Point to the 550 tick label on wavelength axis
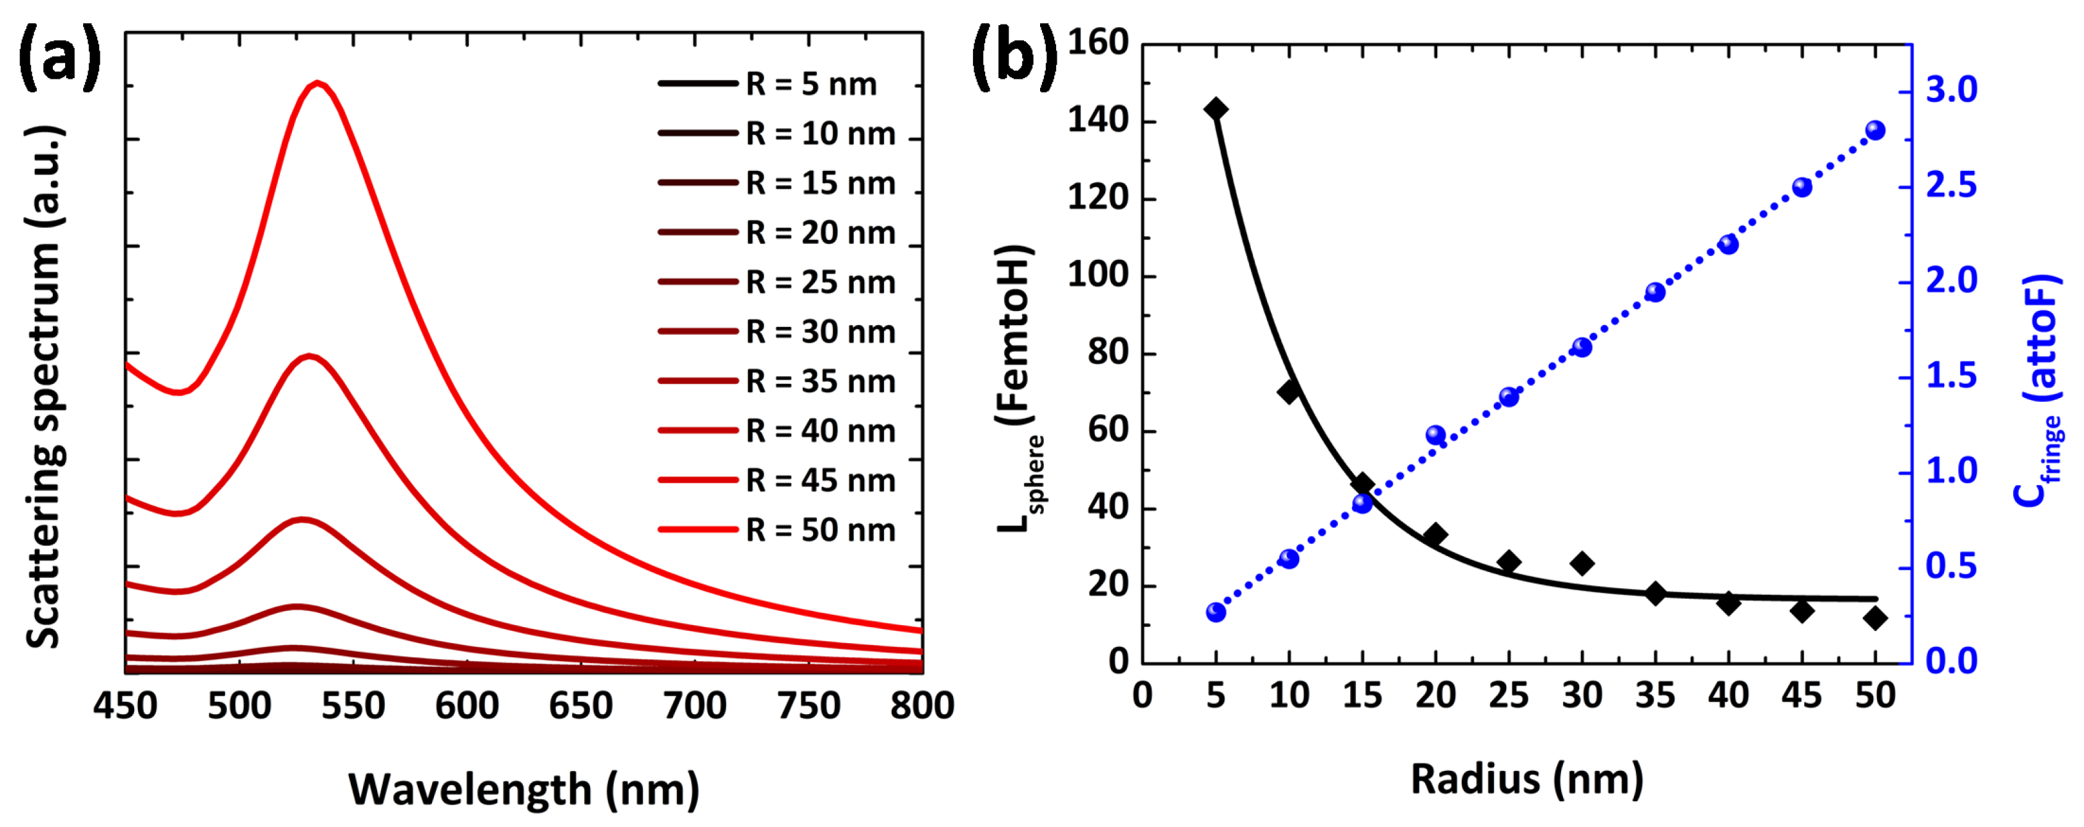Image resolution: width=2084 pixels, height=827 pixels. tap(353, 706)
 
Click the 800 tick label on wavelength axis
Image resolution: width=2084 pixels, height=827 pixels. tap(921, 706)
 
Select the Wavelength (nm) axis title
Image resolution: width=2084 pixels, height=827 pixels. tap(524, 789)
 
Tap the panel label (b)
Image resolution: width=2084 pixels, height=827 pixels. tap(1013, 55)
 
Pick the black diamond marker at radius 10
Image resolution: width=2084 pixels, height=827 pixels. tap(1289, 391)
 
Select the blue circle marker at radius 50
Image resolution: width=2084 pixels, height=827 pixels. tap(1875, 130)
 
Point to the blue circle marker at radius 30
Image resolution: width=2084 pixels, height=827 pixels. tap(1582, 347)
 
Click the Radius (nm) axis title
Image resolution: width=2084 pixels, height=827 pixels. tap(1527, 779)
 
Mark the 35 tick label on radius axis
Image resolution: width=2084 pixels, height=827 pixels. tap(1655, 695)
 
